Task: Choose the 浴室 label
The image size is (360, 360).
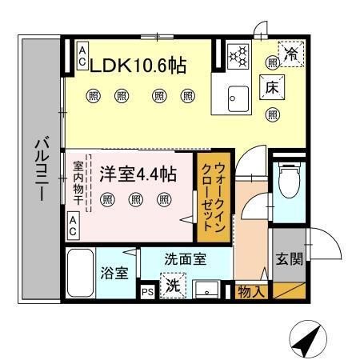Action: (114, 273)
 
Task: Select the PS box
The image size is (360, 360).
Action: (147, 292)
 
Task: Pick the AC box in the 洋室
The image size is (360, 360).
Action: (73, 226)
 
